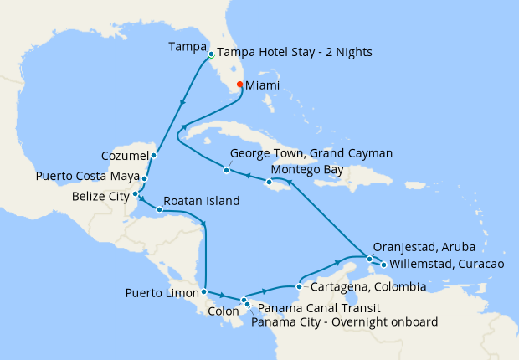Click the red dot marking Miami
point(239,85)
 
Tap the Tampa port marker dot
point(211,54)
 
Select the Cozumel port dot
point(154,155)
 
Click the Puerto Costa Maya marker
point(145,178)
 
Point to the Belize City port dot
point(136,194)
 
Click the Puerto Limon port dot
point(204,292)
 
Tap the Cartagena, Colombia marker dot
point(299,286)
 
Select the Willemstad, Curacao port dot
point(383,265)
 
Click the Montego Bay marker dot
point(269,182)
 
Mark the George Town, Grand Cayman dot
point(226,171)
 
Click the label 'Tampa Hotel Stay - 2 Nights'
point(295,52)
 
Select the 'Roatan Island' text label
point(202,201)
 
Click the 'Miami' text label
point(265,85)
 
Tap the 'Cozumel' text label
point(126,155)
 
